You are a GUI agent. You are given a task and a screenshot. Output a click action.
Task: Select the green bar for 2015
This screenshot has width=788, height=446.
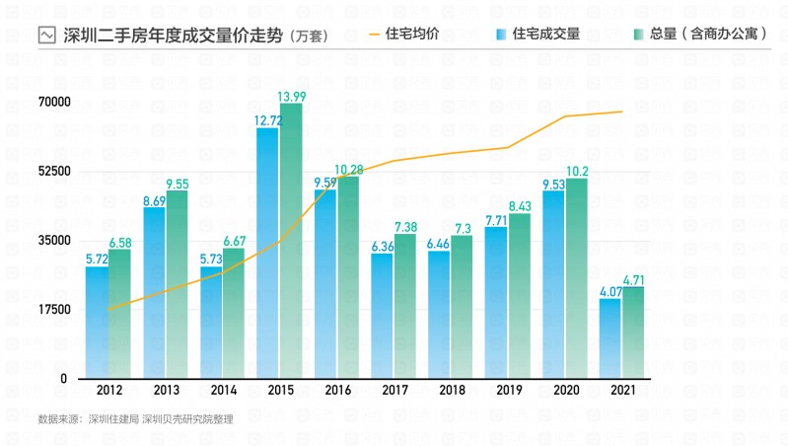click(290, 241)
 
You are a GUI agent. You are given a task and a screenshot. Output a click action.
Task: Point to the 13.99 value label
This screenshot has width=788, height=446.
click(291, 96)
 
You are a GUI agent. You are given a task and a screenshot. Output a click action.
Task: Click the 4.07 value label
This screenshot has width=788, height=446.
click(610, 291)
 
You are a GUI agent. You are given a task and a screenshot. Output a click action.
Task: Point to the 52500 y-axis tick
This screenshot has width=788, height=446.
click(53, 172)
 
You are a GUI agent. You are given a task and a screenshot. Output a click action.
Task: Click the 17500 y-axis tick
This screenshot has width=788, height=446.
click(53, 310)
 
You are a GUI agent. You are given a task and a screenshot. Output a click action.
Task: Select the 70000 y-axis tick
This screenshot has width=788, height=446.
click(53, 103)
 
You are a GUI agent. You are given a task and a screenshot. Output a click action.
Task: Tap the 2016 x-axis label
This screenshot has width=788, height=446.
click(336, 391)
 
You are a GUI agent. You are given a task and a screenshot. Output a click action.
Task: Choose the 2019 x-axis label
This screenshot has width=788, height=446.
click(509, 391)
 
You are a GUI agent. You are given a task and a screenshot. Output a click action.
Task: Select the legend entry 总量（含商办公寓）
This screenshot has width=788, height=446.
click(708, 34)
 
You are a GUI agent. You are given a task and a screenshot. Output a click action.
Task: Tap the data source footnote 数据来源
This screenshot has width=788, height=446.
click(135, 419)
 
